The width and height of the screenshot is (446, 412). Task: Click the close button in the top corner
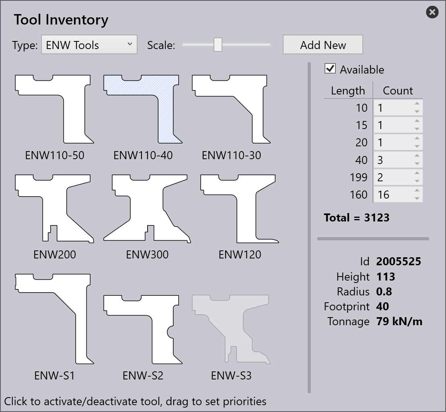[432, 12]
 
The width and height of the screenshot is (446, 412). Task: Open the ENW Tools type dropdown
[89, 45]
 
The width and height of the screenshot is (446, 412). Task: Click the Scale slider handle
[218, 45]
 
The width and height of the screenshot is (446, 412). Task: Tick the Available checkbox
[330, 69]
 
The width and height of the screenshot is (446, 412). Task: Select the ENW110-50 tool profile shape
[74, 114]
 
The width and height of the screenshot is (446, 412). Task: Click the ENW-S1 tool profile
[81, 313]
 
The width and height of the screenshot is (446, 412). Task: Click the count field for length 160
[394, 195]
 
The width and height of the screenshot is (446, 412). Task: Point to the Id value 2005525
[399, 262]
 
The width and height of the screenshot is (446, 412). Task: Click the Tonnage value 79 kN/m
[399, 321]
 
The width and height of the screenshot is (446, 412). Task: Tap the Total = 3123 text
[357, 217]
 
